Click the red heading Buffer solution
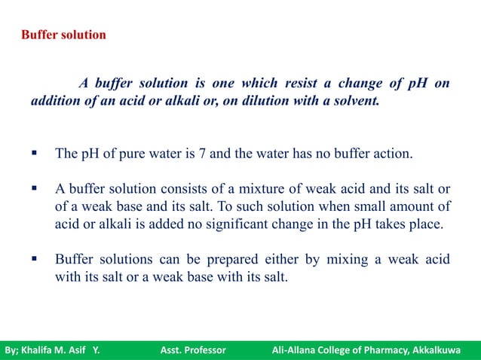pyautogui.click(x=63, y=35)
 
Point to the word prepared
pyautogui.click(x=227, y=260)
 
